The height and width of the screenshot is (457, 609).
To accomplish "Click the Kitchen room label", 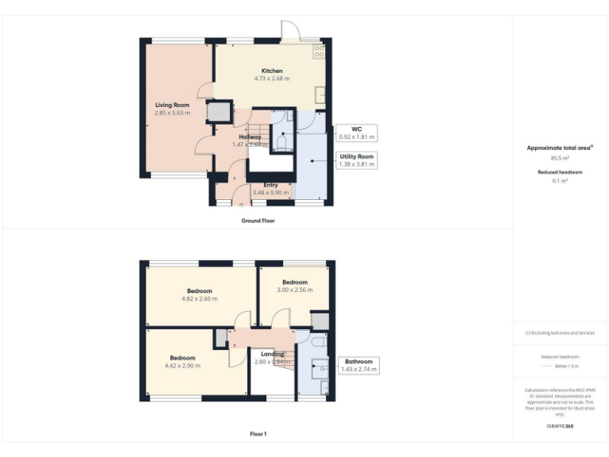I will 272,71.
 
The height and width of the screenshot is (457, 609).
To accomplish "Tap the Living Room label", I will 172,105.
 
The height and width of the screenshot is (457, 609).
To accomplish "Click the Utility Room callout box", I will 356,161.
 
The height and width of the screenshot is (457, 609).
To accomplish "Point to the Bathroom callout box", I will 360,365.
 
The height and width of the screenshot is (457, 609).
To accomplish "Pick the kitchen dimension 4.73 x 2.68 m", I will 272,79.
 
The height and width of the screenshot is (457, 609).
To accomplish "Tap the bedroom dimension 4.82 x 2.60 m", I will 200,298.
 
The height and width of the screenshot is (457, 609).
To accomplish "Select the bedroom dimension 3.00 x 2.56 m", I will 295,290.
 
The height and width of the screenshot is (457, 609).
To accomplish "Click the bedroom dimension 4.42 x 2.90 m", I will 183,366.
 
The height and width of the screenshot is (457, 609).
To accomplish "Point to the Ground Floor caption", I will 258,221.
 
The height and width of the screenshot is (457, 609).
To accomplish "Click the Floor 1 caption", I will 258,434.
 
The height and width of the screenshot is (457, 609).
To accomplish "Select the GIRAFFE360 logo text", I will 560,427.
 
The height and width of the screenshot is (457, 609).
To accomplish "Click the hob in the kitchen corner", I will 319,52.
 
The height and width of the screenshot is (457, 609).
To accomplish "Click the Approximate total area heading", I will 560,148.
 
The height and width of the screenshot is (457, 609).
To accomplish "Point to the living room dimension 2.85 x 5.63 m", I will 172,113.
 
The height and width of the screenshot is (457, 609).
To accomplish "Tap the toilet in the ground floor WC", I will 282,143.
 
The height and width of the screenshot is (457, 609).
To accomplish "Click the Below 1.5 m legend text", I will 566,367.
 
